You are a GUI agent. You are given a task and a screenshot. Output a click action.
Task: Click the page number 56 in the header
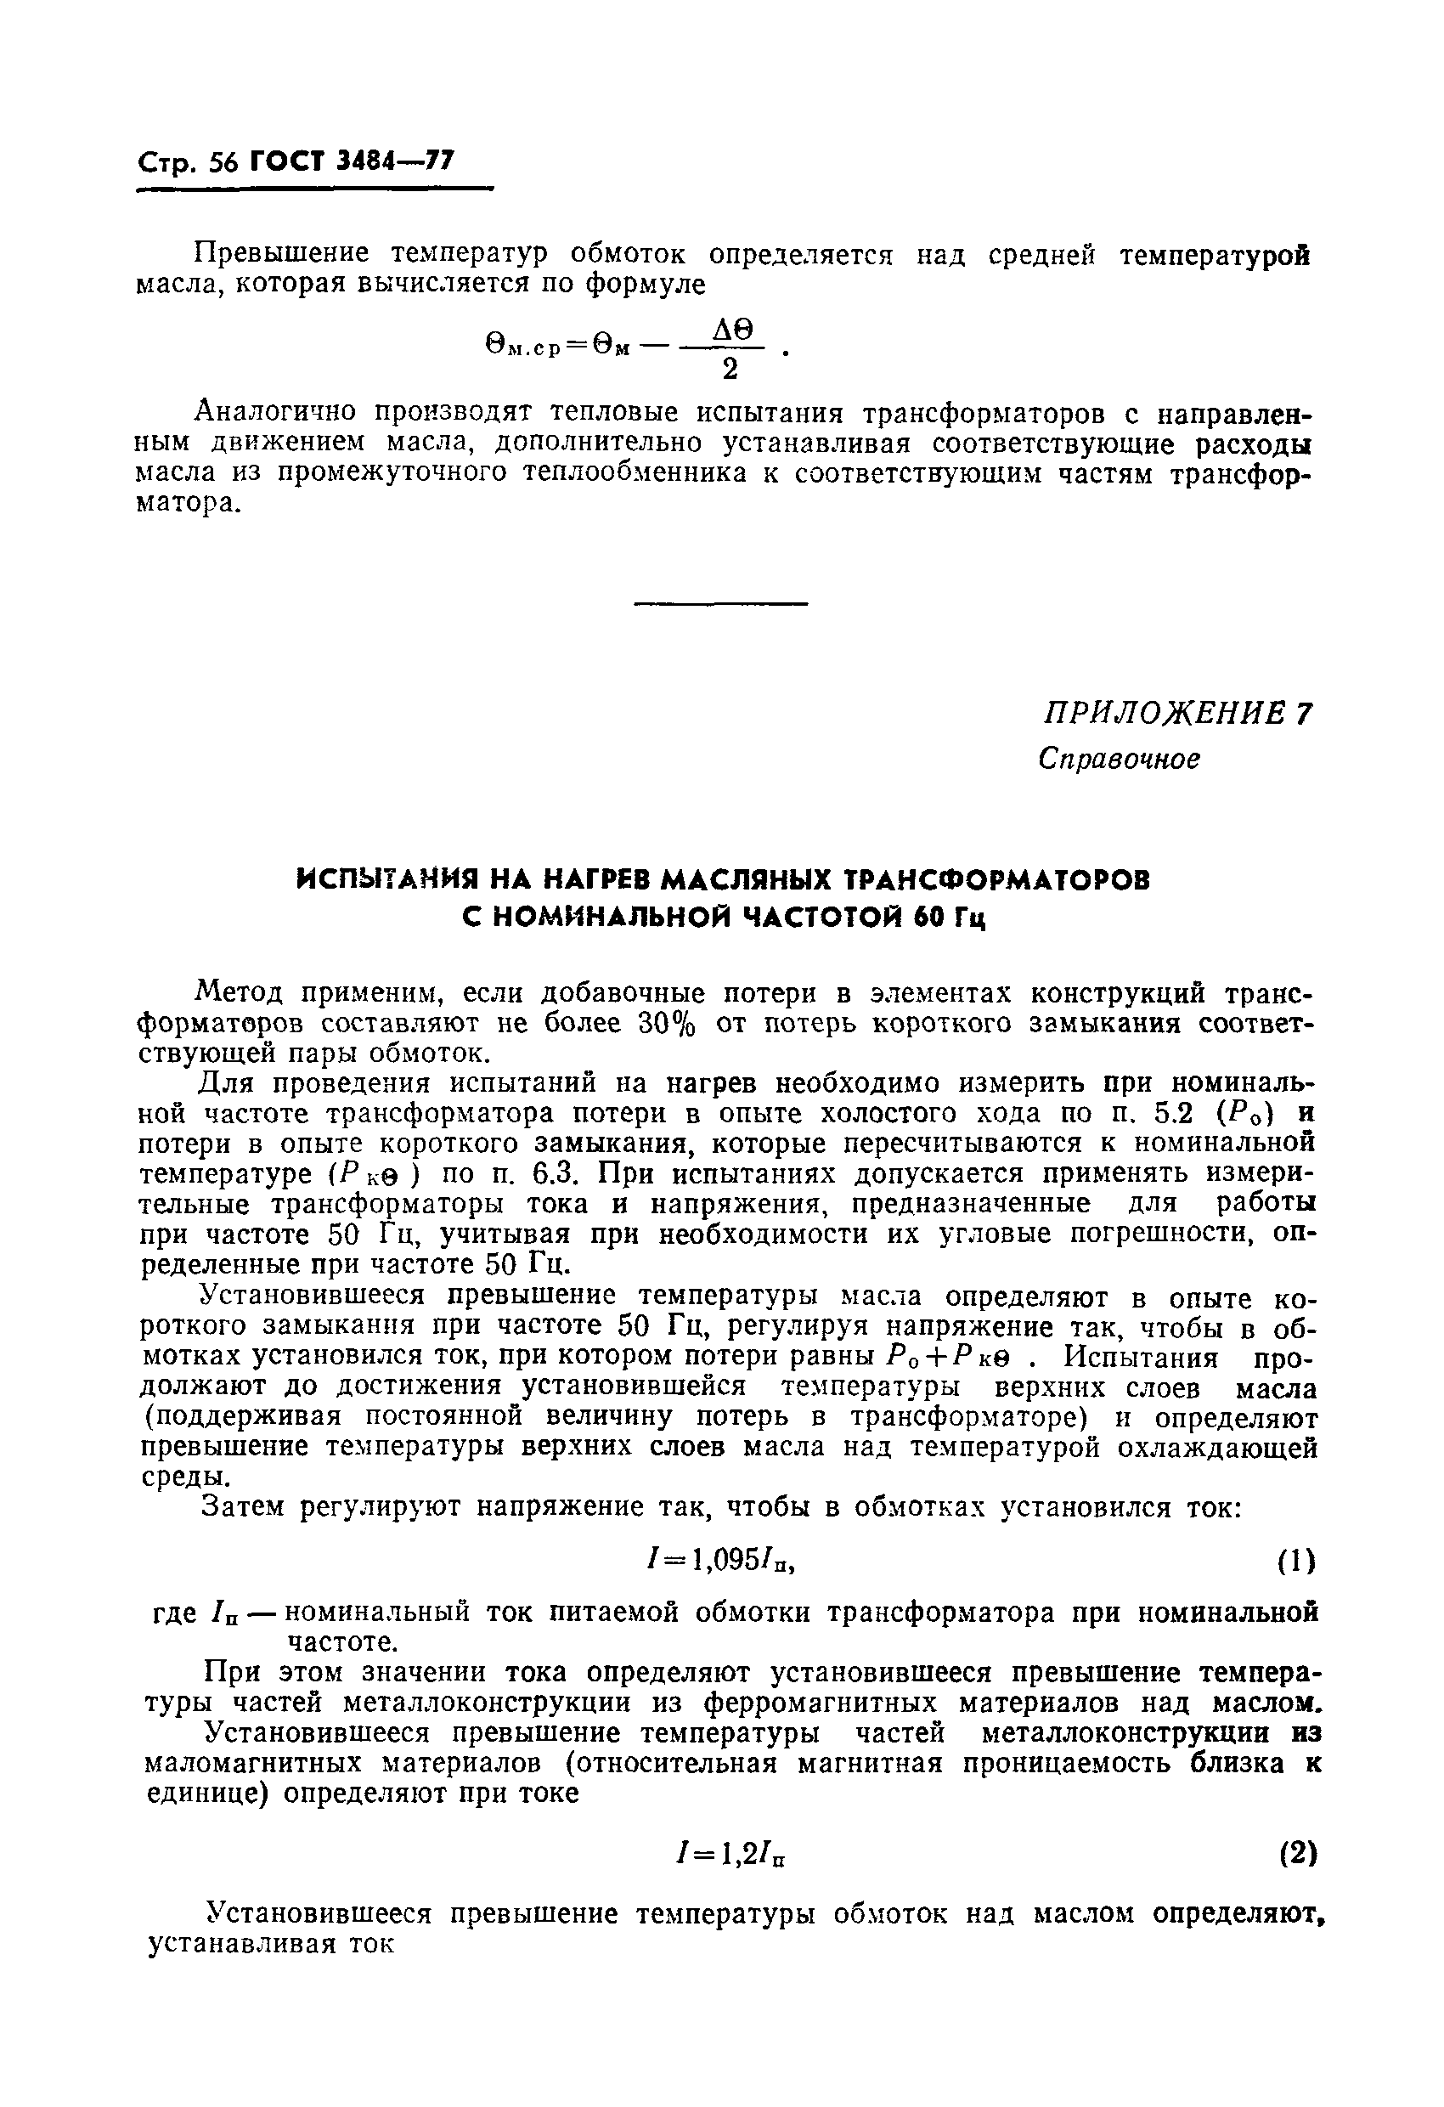[x=222, y=163]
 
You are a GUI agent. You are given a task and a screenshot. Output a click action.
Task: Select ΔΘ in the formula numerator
[x=733, y=331]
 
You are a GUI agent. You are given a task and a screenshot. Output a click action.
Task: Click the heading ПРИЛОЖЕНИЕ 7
[x=1176, y=715]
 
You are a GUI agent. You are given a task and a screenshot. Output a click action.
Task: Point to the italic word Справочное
[x=1119, y=758]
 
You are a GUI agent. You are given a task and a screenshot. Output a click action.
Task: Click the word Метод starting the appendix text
[x=235, y=994]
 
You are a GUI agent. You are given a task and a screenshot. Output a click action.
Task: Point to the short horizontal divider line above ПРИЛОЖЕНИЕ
[x=719, y=603]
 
